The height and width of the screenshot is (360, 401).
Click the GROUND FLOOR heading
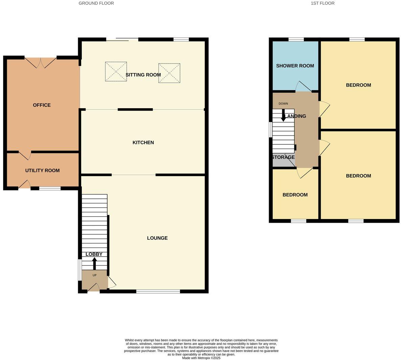[x=96, y=3]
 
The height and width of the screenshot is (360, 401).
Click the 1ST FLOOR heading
[x=322, y=3]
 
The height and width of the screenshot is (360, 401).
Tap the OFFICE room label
[x=42, y=105]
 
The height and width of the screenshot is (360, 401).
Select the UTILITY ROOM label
[x=42, y=170]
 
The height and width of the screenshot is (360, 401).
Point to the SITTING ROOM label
[x=143, y=75]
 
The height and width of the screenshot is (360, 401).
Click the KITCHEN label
[x=143, y=143]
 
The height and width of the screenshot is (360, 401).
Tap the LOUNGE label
[x=157, y=238]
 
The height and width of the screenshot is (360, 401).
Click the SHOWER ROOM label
[x=295, y=66]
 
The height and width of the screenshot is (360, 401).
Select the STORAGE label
[x=283, y=157]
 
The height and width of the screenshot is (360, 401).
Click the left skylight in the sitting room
[x=116, y=72]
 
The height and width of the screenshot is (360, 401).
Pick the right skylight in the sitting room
[x=169, y=73]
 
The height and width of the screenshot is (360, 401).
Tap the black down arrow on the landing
[x=283, y=115]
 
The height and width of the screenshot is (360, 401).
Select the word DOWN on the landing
[x=283, y=103]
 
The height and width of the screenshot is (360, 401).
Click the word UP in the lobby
[x=94, y=275]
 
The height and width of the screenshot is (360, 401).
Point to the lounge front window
[x=158, y=291]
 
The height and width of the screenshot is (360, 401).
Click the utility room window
[x=50, y=188]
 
